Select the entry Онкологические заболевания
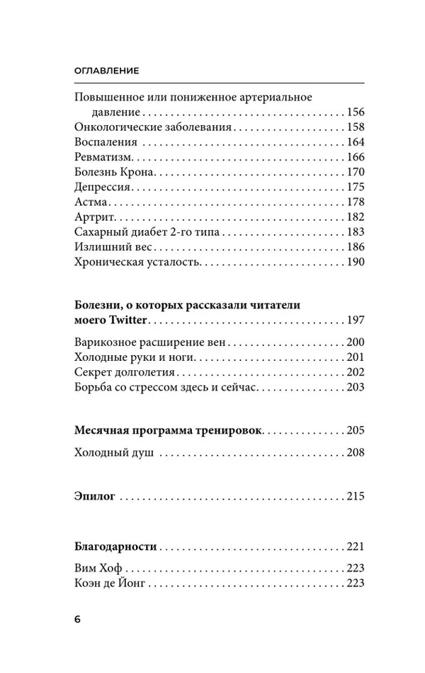tap(153, 127)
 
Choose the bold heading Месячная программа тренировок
tap(168, 430)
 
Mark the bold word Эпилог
tap(94, 496)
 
